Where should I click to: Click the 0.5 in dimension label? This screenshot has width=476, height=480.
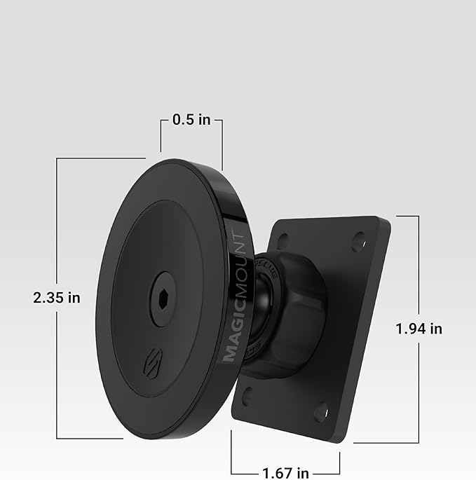(x=191, y=120)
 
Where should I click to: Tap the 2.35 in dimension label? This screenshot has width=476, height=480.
(x=57, y=297)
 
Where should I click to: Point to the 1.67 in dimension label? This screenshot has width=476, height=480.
(x=285, y=474)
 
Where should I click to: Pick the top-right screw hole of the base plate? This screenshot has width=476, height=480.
(x=359, y=240)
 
